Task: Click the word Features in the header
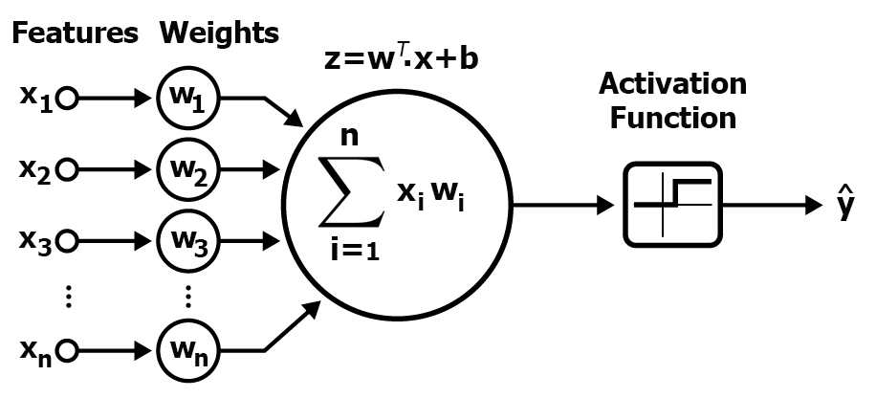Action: click(74, 33)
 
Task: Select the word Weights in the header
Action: click(220, 33)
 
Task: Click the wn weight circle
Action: click(188, 353)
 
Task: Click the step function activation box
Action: click(674, 204)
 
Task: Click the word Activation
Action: click(672, 84)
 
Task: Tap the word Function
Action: click(673, 119)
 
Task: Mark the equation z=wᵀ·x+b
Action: click(403, 59)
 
